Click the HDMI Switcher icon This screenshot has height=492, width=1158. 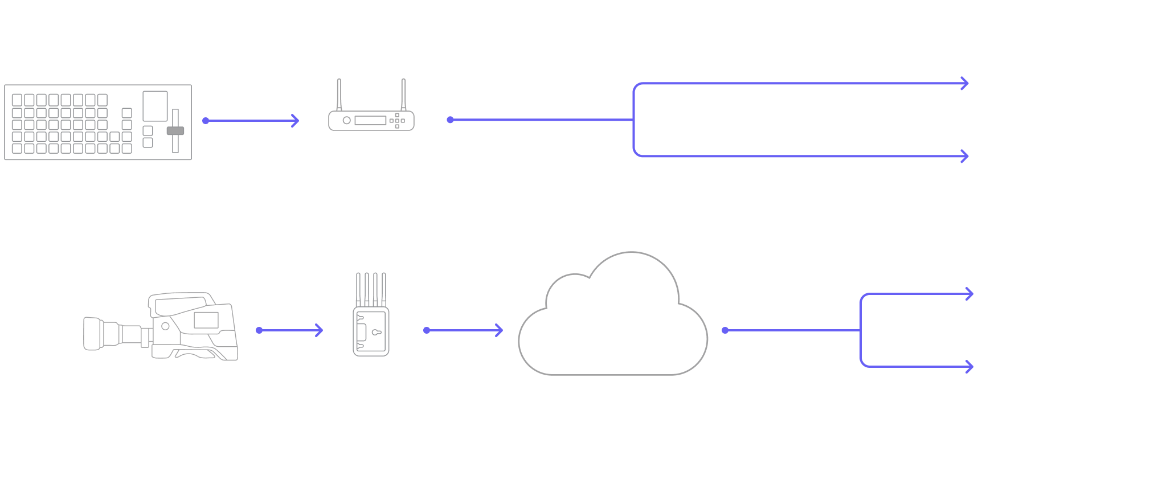(x=98, y=122)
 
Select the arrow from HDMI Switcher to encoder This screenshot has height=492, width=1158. (x=251, y=121)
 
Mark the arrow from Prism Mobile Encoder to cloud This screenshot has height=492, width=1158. (x=464, y=330)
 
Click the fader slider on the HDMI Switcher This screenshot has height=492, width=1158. (x=175, y=131)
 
